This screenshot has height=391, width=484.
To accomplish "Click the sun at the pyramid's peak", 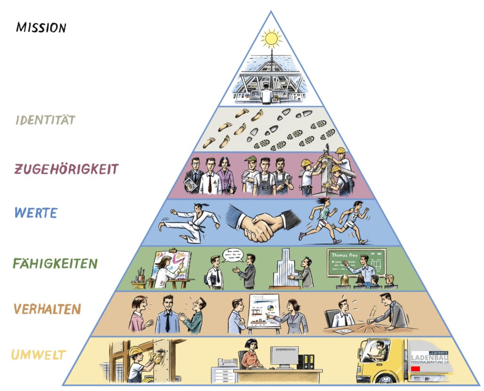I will tap(271, 38).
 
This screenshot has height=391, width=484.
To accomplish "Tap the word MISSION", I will tap(41, 27).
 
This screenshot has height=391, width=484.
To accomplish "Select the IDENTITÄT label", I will tap(45, 120).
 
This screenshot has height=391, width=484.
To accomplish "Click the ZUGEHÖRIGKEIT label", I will tap(66, 169).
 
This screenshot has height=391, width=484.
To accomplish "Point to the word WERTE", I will tap(36, 213).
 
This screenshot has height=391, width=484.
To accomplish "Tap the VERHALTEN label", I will tap(47, 309).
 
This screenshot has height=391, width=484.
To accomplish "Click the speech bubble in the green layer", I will tap(233, 254).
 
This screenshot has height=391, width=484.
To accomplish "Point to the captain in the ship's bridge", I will tap(267, 94).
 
